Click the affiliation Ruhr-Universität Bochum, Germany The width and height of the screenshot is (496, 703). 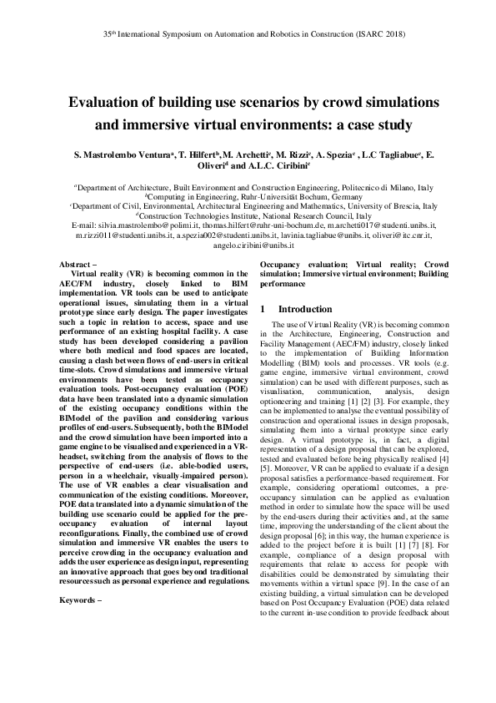point(248,197)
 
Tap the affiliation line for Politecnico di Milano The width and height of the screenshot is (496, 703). point(248,189)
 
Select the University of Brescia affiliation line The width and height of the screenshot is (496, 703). point(248,205)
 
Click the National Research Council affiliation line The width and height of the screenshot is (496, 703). point(248,214)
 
